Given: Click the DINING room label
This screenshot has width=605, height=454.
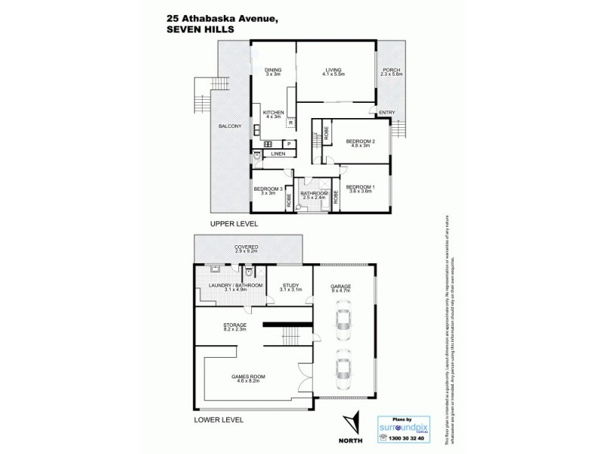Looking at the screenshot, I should coord(273,70).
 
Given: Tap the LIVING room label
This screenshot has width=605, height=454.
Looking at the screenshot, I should coord(334,70).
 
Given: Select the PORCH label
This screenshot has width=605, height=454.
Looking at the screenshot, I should coord(391,70).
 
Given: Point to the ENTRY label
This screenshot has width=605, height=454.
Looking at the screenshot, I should coord(386,113).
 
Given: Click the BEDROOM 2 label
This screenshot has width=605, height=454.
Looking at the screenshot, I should coord(361,141).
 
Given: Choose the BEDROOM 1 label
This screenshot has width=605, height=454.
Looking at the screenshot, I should coord(360,186).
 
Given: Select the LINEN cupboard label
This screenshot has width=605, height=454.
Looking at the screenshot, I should coord(279,154).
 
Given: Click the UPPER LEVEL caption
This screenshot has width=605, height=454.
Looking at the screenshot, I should coord(234,224).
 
